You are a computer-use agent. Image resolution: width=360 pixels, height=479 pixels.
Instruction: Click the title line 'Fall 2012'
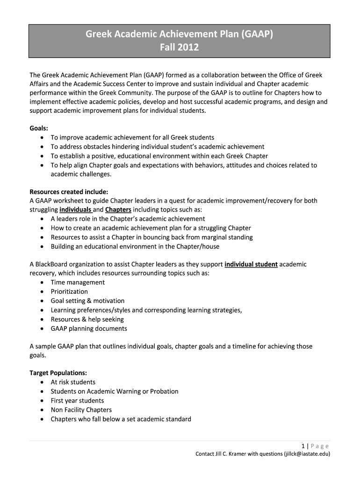[180, 47]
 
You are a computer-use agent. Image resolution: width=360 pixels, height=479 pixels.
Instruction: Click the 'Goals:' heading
[39, 128]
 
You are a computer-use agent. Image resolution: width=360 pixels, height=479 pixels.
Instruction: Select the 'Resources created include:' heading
[69, 191]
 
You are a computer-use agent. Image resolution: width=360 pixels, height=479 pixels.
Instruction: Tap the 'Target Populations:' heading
[58, 373]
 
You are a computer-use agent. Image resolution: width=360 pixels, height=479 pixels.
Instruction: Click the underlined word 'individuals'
[75, 210]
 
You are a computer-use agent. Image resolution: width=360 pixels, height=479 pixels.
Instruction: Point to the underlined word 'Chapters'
[118, 210]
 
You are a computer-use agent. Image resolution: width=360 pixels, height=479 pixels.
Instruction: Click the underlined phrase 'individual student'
[251, 264]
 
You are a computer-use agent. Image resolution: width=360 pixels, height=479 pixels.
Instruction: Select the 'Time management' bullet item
[78, 283]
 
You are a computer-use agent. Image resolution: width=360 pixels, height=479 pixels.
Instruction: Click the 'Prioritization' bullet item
[69, 291]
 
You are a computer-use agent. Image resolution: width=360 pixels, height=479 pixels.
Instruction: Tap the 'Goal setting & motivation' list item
[87, 301]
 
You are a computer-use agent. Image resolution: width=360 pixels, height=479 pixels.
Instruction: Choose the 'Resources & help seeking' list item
[87, 319]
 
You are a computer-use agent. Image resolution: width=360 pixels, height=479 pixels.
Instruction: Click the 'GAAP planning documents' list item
[89, 328]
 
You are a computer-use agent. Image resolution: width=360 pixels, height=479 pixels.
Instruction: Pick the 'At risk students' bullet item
[73, 382]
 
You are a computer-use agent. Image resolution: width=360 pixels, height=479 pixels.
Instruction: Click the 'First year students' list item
[77, 400]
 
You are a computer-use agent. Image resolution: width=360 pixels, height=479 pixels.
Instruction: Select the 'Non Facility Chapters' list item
[81, 410]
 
